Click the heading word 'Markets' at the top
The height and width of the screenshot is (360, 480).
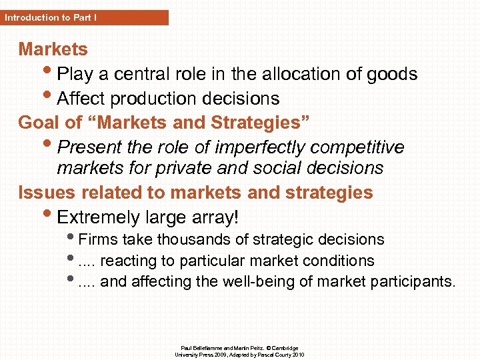(x=53, y=49)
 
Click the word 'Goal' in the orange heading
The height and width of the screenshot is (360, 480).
(x=39, y=123)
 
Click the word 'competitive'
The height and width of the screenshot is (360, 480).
(x=361, y=147)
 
